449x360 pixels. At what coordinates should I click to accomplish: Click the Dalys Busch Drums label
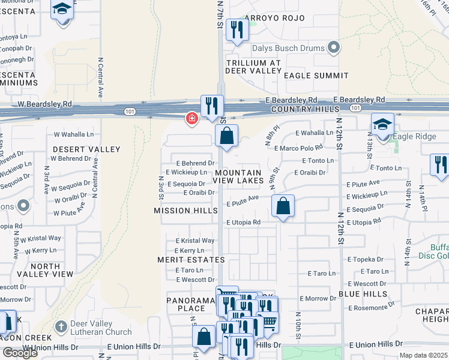click(x=288, y=48)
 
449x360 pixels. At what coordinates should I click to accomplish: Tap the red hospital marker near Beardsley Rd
click(x=191, y=119)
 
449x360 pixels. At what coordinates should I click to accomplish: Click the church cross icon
click(x=59, y=328)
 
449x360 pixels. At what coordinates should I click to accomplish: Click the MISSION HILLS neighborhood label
click(x=185, y=211)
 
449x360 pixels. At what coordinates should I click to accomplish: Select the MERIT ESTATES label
click(x=191, y=260)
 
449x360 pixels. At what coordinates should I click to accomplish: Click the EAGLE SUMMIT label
click(x=316, y=76)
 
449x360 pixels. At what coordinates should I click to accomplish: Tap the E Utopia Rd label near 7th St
click(x=243, y=222)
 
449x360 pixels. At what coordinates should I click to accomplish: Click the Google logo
click(x=19, y=352)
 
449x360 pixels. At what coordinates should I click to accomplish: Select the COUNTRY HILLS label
click(x=300, y=110)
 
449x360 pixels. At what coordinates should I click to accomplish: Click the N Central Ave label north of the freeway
click(x=99, y=78)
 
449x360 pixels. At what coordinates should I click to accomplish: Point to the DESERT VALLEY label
click(x=86, y=149)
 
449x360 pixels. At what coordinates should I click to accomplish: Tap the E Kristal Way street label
click(x=195, y=241)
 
